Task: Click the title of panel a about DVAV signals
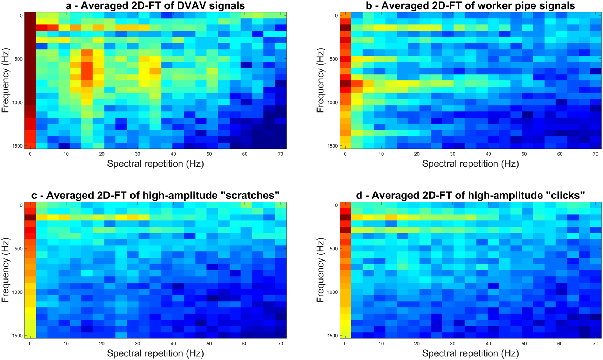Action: point(155,5)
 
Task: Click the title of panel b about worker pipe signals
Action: point(471,5)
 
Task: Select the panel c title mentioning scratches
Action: point(155,195)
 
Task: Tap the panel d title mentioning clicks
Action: point(471,195)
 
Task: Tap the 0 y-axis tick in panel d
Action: point(336,205)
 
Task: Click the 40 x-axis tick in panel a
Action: point(173,154)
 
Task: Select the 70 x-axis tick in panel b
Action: point(595,154)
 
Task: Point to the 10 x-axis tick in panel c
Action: point(66,344)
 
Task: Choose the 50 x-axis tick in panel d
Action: point(524,344)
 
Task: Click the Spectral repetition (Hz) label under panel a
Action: point(155,164)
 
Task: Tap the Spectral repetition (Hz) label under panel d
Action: point(471,353)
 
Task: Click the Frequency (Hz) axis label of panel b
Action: point(321,80)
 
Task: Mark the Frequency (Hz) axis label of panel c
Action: point(5,270)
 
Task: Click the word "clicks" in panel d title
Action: point(566,195)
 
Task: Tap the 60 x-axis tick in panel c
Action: point(244,344)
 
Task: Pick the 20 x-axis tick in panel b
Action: point(417,154)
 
